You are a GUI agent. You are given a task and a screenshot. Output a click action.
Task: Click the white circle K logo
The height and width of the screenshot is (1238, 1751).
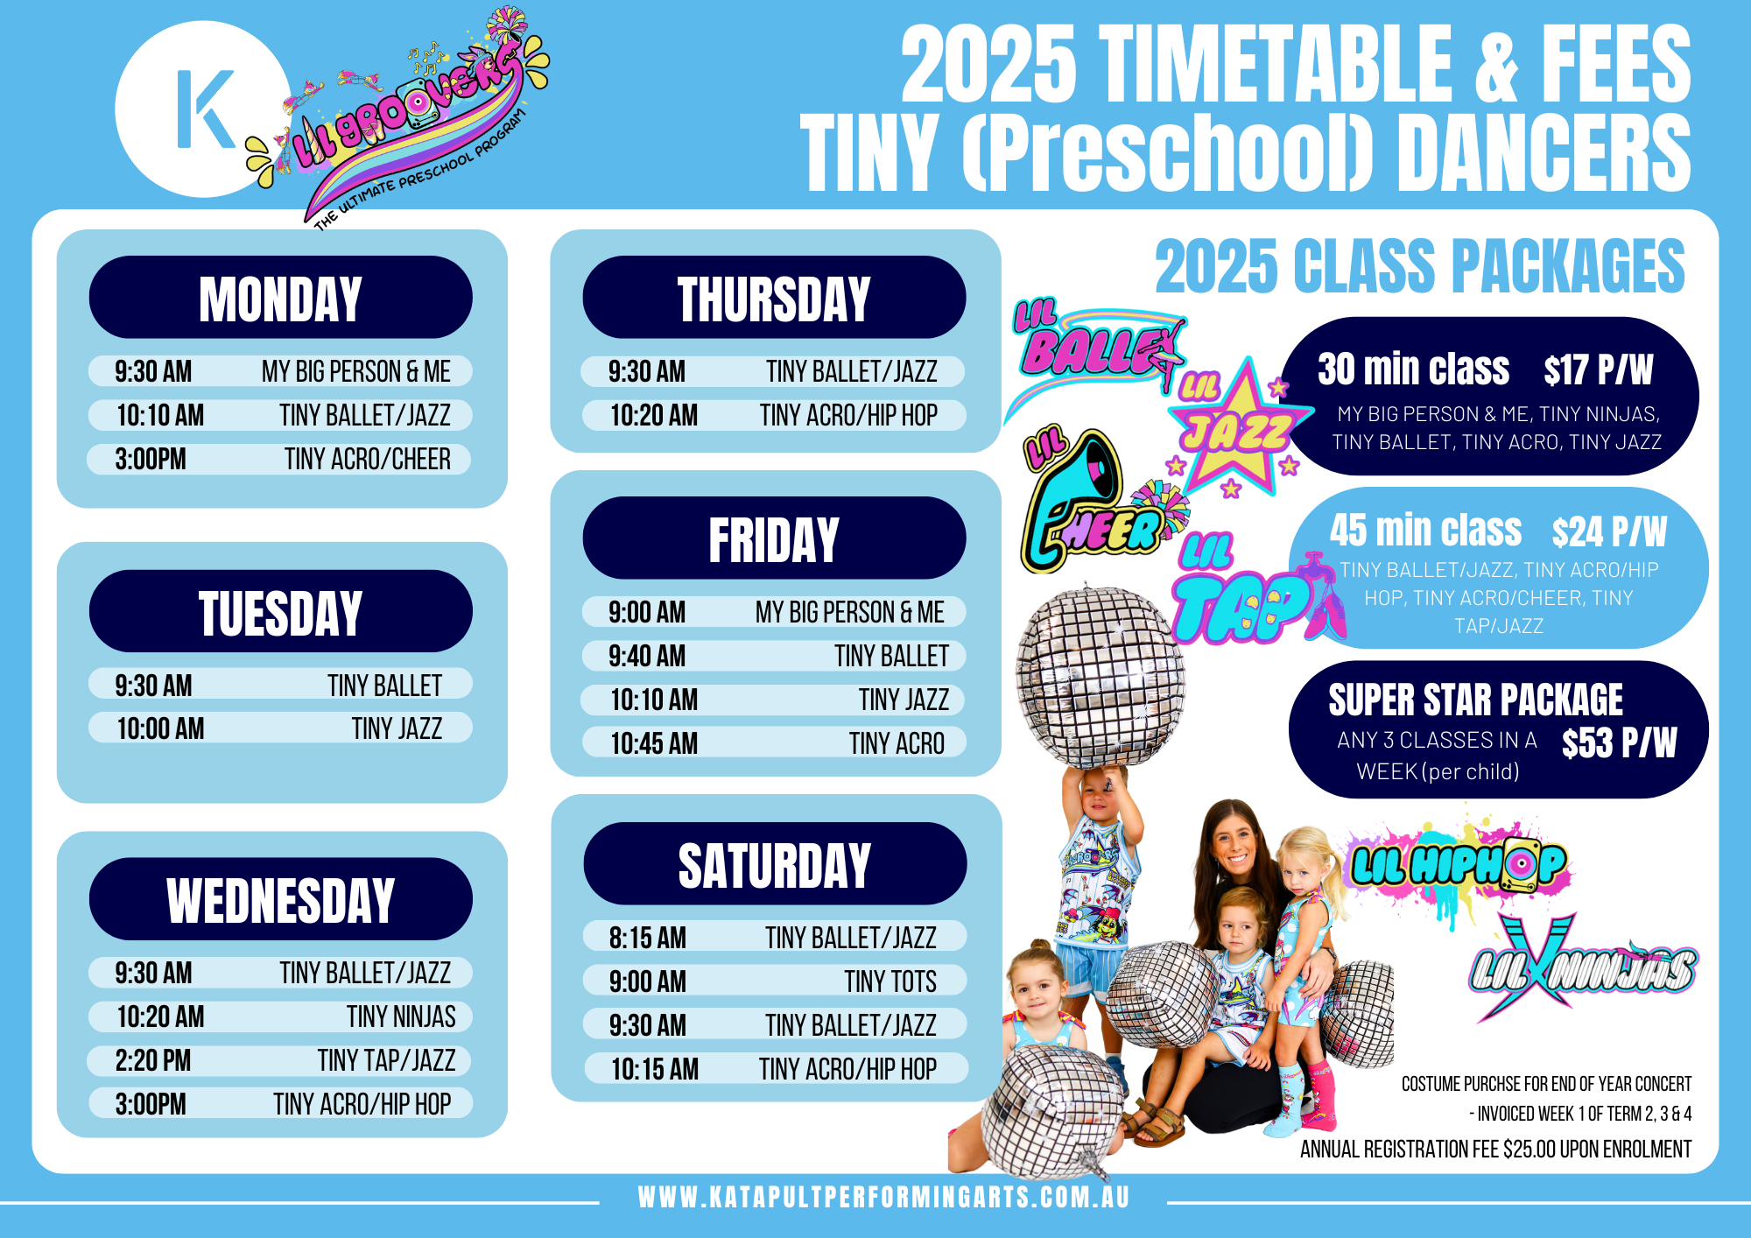(x=203, y=109)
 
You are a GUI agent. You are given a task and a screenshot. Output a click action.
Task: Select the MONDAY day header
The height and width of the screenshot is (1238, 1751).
(x=280, y=298)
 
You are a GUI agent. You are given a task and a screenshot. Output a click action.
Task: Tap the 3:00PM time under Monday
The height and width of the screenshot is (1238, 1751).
(x=151, y=459)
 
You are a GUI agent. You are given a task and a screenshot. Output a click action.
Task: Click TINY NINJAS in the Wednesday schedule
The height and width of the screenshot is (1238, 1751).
(x=401, y=1016)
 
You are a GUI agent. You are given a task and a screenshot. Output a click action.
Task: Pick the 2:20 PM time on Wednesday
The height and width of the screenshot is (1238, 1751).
(x=153, y=1060)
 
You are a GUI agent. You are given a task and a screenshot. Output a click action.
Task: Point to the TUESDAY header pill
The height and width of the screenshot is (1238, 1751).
(x=280, y=611)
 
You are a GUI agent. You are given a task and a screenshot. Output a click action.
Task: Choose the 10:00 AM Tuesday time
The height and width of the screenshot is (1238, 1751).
(x=161, y=728)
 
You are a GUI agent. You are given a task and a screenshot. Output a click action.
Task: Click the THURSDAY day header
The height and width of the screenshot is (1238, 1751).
(x=774, y=298)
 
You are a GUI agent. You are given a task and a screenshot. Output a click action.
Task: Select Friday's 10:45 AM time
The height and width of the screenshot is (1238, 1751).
(x=654, y=743)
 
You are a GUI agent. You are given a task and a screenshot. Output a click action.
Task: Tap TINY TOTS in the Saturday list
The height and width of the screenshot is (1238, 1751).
(x=890, y=981)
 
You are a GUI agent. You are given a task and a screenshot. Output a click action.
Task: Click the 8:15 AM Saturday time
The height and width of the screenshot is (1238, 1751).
(x=648, y=938)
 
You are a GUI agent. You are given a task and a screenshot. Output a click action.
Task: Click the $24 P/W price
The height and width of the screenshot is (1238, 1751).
(x=1610, y=531)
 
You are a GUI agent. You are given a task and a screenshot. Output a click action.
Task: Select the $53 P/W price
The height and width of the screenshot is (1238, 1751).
(x=1620, y=742)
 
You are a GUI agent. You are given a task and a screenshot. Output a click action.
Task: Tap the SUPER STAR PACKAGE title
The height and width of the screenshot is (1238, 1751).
(x=1476, y=700)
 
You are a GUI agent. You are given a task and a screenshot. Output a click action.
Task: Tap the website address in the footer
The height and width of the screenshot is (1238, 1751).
(x=884, y=1197)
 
